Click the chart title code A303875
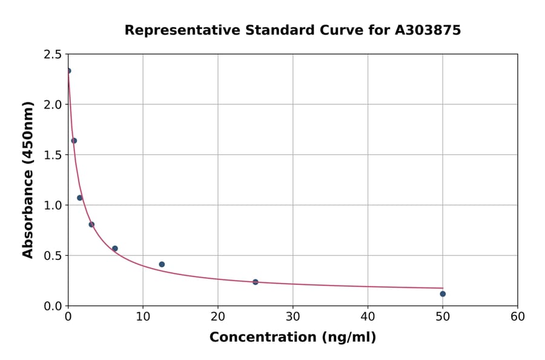coord(428,30)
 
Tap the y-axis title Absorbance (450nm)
coord(28,179)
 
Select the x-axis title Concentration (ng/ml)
coord(292,338)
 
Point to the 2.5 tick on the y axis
coord(53,55)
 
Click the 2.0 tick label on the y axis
coord(53,105)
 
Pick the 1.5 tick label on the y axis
coord(53,155)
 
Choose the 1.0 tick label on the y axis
coord(53,205)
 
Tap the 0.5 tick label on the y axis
coord(53,256)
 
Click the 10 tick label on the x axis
coord(143,316)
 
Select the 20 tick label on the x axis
coord(218,316)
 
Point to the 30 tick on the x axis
coord(293,316)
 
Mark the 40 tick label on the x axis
coord(368,316)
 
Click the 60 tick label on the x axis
coord(518,316)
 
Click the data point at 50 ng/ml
coord(443,294)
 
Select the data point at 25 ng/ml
coord(256,282)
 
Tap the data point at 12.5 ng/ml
coord(162,264)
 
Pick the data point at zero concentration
coord(68,71)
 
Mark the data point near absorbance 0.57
coord(115,248)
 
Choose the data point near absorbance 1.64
coord(74,141)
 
